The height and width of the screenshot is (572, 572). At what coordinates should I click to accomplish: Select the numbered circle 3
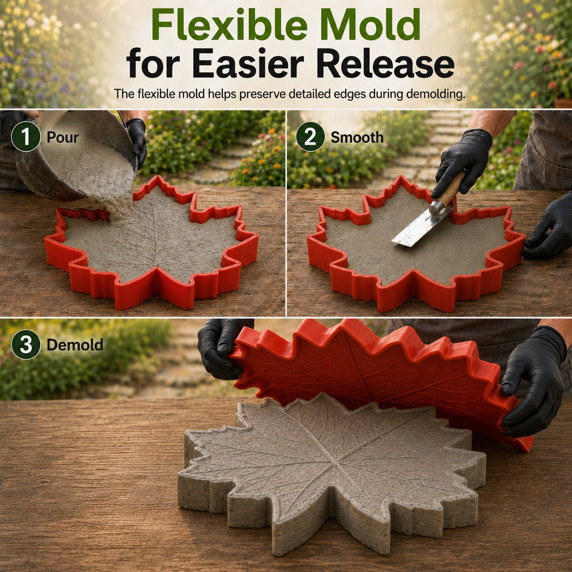point(26,345)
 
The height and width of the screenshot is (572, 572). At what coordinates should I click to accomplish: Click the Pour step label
point(62,138)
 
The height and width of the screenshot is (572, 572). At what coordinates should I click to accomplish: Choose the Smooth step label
point(357,138)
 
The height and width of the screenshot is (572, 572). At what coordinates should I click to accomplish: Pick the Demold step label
point(75,345)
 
